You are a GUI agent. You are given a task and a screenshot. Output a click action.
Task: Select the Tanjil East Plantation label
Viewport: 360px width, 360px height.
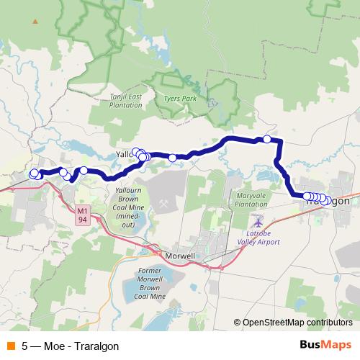(126, 100)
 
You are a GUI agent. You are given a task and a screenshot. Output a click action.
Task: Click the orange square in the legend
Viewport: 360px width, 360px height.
(10, 346)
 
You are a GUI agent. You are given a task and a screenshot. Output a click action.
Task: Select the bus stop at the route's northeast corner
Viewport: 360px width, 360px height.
(266, 139)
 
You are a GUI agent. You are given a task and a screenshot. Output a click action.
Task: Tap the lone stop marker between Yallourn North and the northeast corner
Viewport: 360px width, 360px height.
(173, 158)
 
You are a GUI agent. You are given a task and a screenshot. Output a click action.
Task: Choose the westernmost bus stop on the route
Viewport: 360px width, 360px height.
(32, 174)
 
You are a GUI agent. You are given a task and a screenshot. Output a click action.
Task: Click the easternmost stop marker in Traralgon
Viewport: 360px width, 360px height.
(328, 201)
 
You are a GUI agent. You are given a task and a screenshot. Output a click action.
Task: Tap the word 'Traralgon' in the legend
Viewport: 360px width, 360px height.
(95, 346)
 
